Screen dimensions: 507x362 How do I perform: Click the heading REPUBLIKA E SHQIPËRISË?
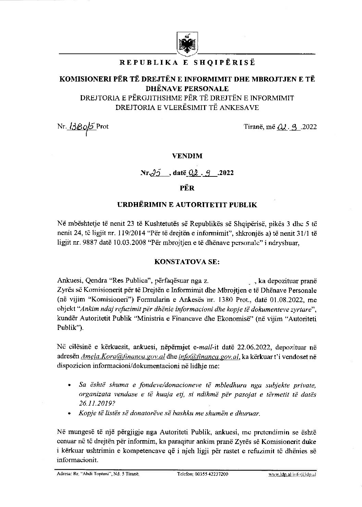coord(187,63)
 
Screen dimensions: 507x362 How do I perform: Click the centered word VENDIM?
coord(187,156)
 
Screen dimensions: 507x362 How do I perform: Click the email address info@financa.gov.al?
coord(209,357)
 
